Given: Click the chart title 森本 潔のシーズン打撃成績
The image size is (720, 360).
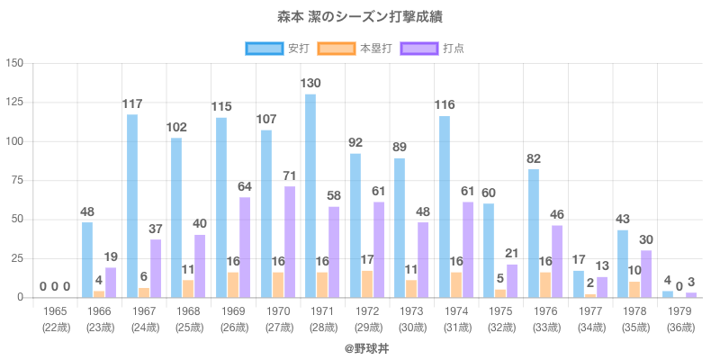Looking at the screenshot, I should [360, 17].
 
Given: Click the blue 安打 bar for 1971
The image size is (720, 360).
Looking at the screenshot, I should [310, 196].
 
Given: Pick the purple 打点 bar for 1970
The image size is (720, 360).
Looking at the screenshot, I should [289, 242].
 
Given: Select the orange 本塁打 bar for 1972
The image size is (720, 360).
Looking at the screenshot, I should [367, 284].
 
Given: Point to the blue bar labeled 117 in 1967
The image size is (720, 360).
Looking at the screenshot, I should [132, 206].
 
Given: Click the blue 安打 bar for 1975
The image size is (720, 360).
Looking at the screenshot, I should [489, 250].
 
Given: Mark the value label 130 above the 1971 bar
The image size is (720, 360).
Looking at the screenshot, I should [310, 84].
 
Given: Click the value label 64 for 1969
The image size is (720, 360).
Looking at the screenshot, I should [245, 187].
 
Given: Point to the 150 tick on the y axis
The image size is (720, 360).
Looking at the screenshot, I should [15, 64].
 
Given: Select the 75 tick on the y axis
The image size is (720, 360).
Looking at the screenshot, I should [18, 181].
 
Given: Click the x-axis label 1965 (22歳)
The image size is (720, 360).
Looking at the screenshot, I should [55, 318].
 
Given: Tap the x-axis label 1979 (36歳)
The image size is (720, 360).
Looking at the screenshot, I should [679, 318].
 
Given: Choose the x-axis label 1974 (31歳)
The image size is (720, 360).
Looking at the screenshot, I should [456, 318].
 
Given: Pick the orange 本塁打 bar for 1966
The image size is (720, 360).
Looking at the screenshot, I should [99, 294].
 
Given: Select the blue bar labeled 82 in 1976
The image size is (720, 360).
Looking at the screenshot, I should [534, 233].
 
